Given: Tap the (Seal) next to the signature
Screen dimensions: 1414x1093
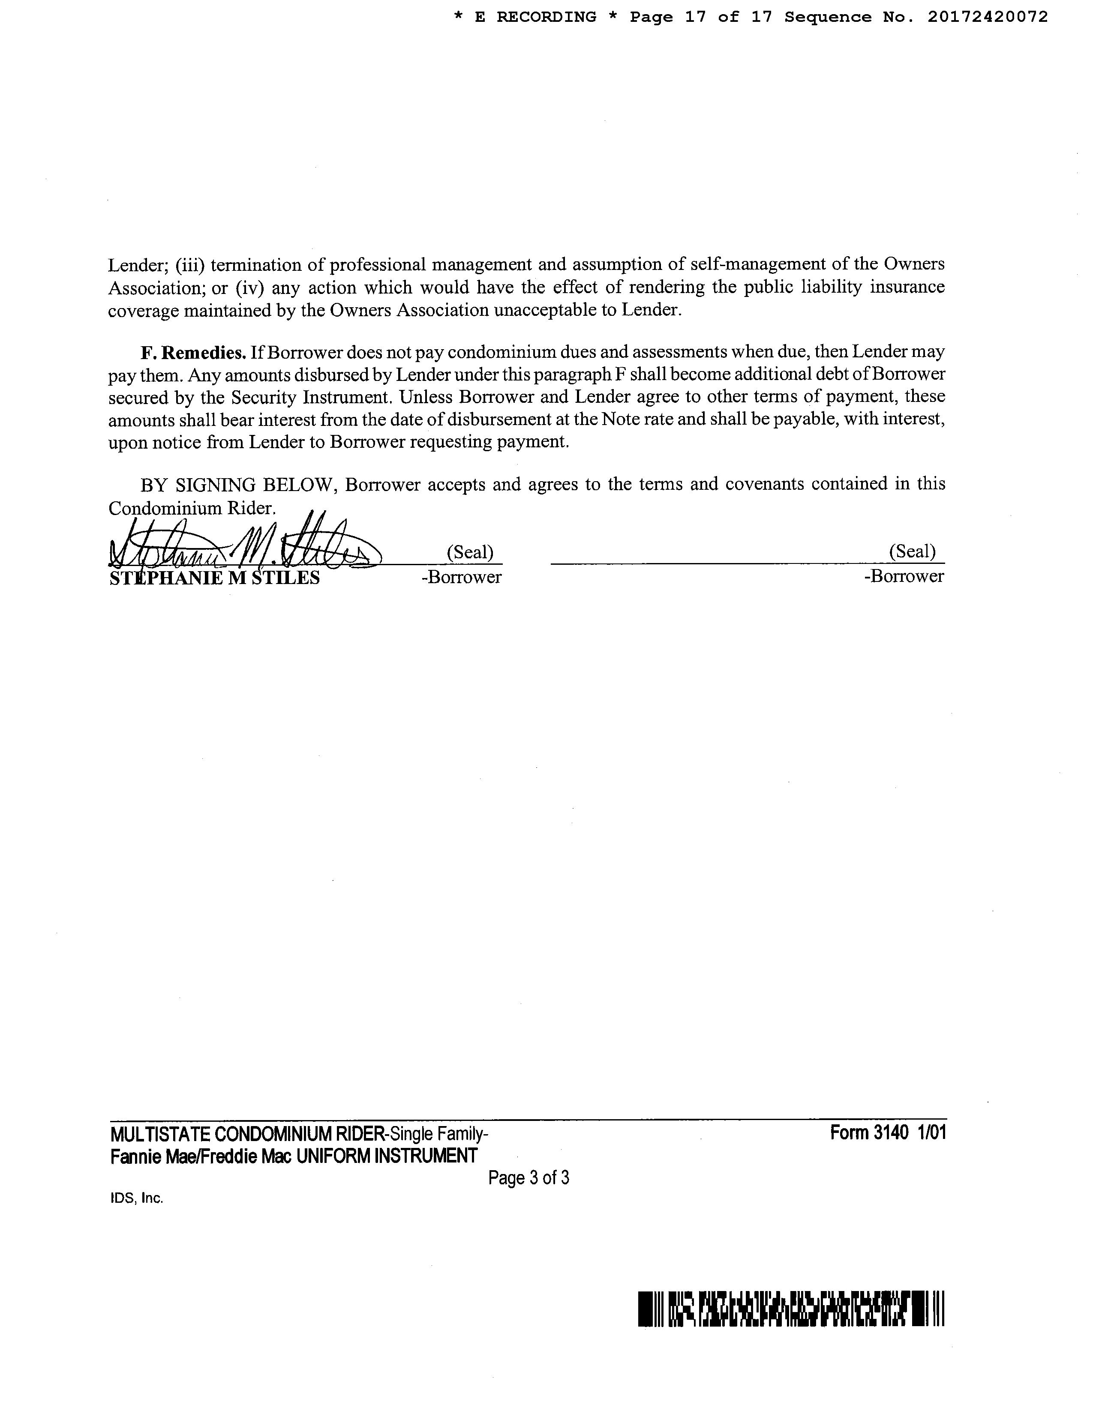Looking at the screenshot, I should (x=470, y=552).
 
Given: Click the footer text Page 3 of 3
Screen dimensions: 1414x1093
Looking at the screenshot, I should (x=528, y=1177).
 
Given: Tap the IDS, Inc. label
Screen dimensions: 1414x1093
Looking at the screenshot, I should (x=137, y=1198).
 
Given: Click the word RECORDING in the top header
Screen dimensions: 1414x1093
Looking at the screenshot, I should (x=546, y=18).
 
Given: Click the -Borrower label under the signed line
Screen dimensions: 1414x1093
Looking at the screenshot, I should (x=461, y=577).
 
